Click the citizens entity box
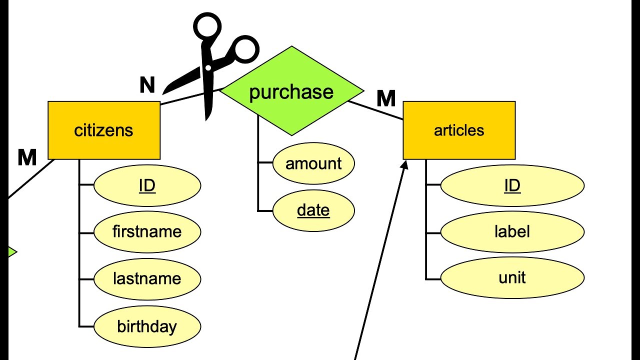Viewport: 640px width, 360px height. (104, 130)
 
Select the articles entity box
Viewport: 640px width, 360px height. (459, 130)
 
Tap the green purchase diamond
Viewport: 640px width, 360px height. (291, 91)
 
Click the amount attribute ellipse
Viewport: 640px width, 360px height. (313, 163)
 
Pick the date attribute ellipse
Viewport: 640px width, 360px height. (313, 210)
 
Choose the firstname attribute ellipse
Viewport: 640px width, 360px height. (147, 231)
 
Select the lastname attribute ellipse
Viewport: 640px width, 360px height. (147, 279)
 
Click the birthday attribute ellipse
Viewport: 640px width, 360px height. (147, 326)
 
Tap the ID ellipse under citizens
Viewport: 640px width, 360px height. (147, 185)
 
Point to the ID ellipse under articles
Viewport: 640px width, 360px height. (512, 185)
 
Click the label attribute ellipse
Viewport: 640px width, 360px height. (512, 231)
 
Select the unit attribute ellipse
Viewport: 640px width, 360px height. (512, 277)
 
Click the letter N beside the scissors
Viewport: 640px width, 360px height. (147, 85)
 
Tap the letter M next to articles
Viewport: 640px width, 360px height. (386, 98)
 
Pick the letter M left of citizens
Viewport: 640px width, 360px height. (27, 157)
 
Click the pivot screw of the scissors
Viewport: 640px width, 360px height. (208, 68)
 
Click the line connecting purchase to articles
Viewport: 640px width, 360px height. (375, 110)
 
